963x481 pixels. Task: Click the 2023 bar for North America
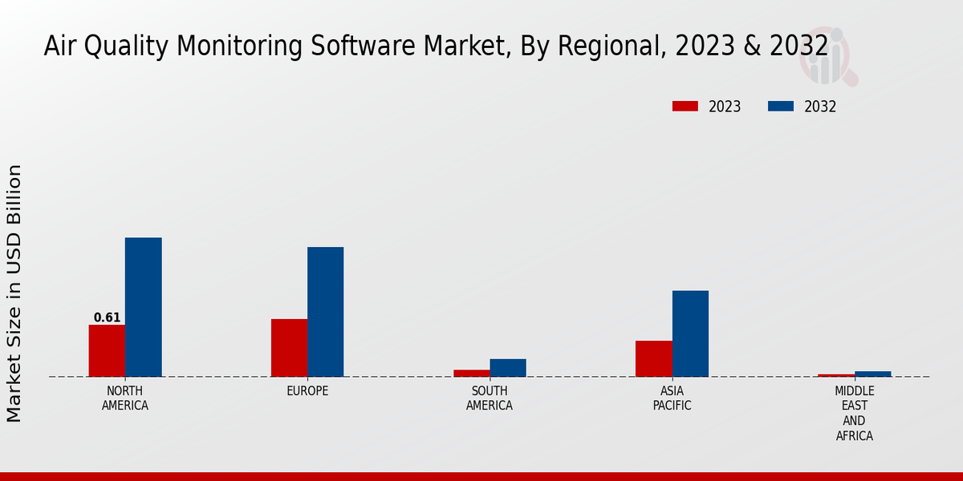[x=107, y=350]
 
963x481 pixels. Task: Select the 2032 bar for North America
[x=143, y=307]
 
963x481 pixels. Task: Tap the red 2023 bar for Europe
[x=289, y=348]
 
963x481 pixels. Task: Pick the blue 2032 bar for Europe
[x=325, y=312]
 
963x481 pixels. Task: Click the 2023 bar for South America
[x=471, y=373]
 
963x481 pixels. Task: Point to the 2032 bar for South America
[x=508, y=368]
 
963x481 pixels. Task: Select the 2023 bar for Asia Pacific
[x=654, y=358]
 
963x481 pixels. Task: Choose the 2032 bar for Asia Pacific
[x=690, y=333]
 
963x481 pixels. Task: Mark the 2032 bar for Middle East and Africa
[x=872, y=374]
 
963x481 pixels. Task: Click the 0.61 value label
[x=107, y=317]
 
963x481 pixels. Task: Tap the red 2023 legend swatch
[x=685, y=107]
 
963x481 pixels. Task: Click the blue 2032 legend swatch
[x=781, y=107]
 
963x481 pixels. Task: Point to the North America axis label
[x=125, y=398]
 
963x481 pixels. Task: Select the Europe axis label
[x=307, y=391]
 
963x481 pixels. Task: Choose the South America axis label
[x=490, y=398]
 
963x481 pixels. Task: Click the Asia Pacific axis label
[x=672, y=398]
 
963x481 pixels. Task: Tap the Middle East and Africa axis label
[x=854, y=414]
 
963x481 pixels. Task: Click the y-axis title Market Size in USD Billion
[x=14, y=293]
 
